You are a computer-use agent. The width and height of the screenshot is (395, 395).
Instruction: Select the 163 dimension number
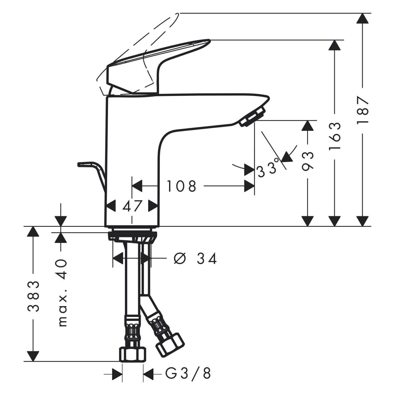point(335,136)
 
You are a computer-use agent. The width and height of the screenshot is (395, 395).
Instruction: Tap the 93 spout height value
point(308,161)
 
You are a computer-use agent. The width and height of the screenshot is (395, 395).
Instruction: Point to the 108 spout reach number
point(181,186)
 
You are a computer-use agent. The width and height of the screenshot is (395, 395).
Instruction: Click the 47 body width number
point(132,206)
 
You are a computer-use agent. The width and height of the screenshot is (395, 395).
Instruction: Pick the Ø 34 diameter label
point(195,258)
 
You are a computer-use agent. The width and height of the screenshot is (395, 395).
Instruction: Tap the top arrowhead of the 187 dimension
point(363,18)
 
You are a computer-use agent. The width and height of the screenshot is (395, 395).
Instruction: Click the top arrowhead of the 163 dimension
point(334,45)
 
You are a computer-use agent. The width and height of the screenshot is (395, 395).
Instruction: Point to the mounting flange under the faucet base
point(132,236)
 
